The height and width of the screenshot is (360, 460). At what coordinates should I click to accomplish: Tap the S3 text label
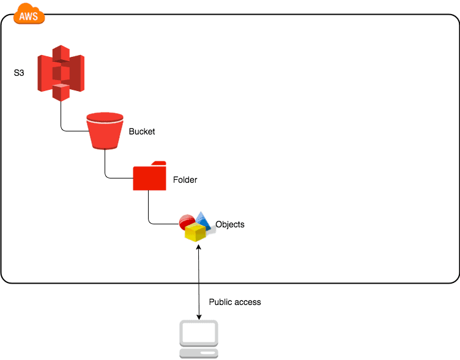[x=19, y=73]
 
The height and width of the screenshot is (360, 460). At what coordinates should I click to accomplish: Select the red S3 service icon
[x=61, y=72]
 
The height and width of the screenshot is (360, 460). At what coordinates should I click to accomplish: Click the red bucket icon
[x=105, y=130]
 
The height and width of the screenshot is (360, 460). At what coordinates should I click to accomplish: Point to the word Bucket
[x=142, y=131]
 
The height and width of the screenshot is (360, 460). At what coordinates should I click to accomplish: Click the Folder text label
[x=185, y=180]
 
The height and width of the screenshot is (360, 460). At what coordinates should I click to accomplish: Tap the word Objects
[x=230, y=224]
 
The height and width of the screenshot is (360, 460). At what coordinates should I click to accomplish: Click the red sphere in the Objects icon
[x=187, y=221]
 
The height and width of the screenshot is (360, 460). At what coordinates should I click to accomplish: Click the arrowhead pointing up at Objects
[x=199, y=246]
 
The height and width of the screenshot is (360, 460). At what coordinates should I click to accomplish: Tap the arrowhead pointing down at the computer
[x=199, y=316]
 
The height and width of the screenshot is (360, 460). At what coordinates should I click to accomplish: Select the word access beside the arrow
[x=248, y=302]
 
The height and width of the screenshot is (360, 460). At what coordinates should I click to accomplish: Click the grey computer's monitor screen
[x=199, y=333]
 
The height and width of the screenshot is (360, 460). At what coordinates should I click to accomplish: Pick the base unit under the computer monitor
[x=199, y=353]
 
